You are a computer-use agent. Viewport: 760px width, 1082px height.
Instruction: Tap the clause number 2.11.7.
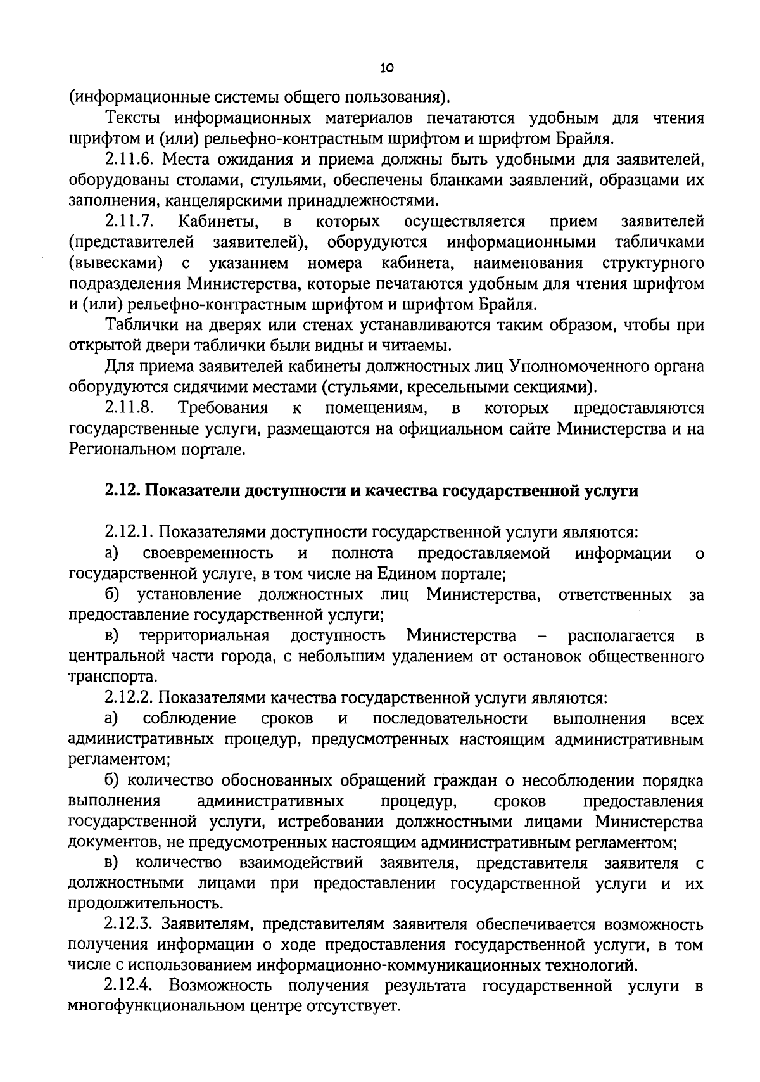click(131, 221)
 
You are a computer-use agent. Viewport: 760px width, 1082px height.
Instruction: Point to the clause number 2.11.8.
click(131, 407)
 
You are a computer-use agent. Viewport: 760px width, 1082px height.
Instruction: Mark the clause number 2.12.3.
click(131, 924)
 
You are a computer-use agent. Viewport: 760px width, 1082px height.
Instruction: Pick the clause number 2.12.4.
click(131, 986)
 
